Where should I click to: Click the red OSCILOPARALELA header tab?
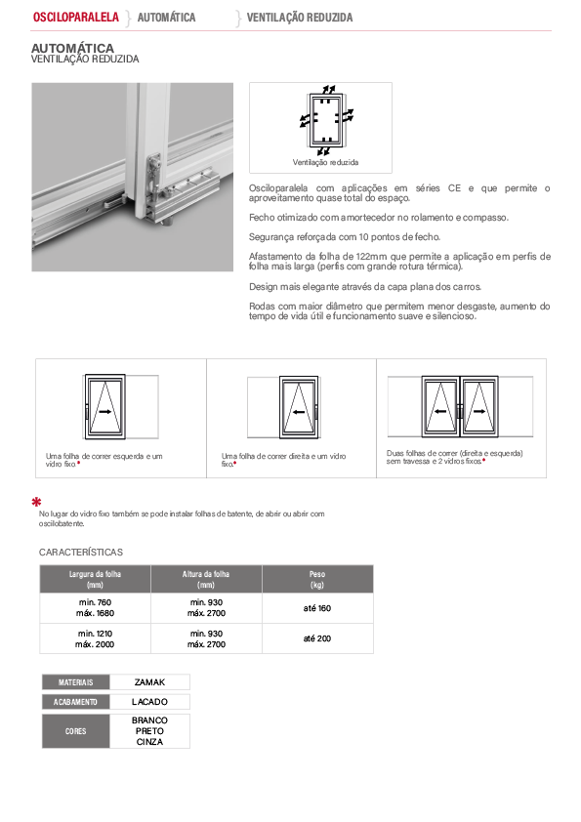pos(76,18)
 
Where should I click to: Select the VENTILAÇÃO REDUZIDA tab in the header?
pos(300,18)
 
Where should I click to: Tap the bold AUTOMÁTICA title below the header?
pos(72,48)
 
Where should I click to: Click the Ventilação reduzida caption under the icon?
pos(325,162)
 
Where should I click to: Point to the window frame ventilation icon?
pos(325,120)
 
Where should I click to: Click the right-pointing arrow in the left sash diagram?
pos(104,412)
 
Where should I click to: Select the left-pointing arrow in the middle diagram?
pos(299,412)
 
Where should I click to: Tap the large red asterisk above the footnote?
pos(36,502)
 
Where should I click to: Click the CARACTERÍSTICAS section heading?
pos(81,552)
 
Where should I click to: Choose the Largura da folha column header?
pos(95,579)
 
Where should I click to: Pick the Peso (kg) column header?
pos(317,579)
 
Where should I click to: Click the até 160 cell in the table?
pos(317,608)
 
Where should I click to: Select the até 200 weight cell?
pos(317,638)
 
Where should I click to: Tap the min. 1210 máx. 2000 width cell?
pos(95,639)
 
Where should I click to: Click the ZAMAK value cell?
pos(149,682)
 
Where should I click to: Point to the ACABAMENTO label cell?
pos(76,702)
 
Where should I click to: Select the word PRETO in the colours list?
pos(149,731)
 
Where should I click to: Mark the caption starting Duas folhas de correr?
pos(455,457)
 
